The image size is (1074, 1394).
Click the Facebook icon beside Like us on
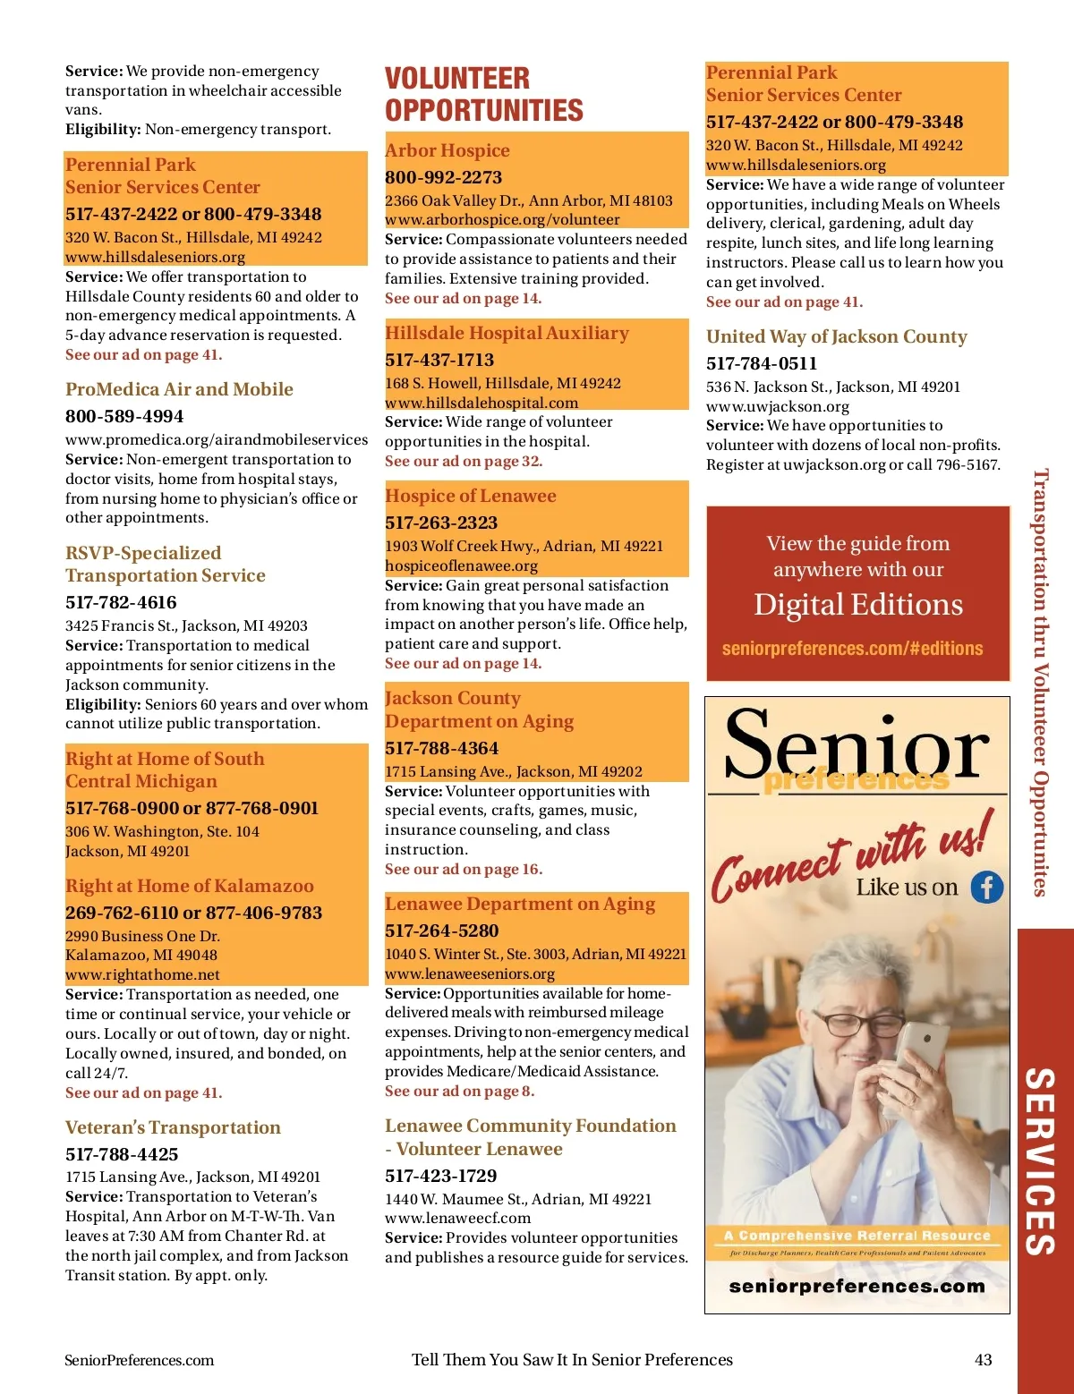click(x=987, y=887)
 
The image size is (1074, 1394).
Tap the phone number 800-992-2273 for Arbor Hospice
click(x=443, y=177)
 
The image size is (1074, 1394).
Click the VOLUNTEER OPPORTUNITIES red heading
click(x=483, y=94)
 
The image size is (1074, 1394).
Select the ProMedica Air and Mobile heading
click(x=179, y=389)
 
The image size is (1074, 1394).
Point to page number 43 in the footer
click(x=983, y=1360)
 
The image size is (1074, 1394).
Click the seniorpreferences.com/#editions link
click(x=852, y=649)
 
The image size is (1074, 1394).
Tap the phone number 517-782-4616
click(x=121, y=602)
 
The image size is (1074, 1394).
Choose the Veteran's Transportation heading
click(x=173, y=1127)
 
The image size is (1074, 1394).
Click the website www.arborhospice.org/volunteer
click(x=502, y=220)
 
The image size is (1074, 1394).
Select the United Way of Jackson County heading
click(x=836, y=336)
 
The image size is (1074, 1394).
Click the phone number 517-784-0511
click(x=761, y=363)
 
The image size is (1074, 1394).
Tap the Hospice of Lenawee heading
click(x=470, y=496)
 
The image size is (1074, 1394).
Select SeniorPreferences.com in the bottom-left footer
click(x=139, y=1360)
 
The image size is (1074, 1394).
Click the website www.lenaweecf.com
click(x=457, y=1218)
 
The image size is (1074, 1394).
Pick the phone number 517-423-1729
click(x=440, y=1176)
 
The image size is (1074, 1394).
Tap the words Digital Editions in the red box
click(x=857, y=605)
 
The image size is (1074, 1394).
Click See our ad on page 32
click(x=463, y=462)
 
